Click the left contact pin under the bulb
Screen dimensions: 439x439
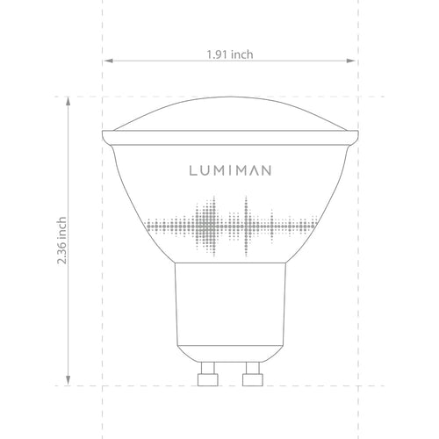point(209,375)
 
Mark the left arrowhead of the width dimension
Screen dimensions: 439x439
point(108,61)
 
